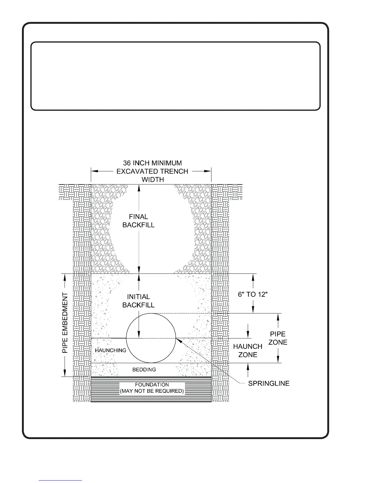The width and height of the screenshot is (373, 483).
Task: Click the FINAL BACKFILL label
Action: coord(138,221)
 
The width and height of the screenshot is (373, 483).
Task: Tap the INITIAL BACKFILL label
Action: coord(138,301)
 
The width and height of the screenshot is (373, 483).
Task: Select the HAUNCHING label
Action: coord(110,350)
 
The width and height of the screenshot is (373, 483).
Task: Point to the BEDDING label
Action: coord(144,370)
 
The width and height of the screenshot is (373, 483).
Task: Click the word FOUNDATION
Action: coord(152,385)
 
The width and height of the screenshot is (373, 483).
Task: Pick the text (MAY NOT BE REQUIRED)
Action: coord(152,391)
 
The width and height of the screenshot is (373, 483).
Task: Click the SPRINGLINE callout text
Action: coord(268,384)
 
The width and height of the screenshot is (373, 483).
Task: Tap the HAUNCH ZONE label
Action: coord(247,350)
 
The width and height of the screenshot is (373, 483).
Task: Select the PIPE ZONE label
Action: coord(278,338)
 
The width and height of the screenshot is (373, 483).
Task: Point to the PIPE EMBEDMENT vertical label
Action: coord(65,323)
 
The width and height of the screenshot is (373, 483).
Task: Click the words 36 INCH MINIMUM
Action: coord(152,163)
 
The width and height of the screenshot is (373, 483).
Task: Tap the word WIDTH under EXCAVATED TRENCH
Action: coord(153,179)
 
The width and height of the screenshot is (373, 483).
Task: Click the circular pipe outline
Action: coord(127,338)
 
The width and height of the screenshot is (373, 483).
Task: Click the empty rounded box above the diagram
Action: coord(175,76)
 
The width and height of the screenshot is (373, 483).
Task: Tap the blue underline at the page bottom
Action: coord(60,480)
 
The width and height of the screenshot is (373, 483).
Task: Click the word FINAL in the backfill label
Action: coord(138,217)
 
